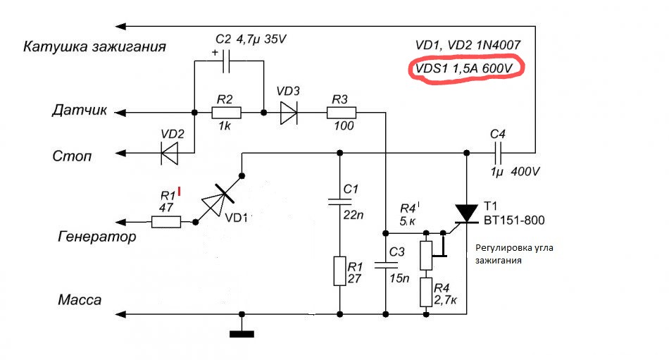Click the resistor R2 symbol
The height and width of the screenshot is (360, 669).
226,113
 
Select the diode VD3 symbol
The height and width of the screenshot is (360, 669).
289,113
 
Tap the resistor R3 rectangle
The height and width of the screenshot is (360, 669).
342,113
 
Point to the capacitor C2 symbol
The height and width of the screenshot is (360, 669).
226,61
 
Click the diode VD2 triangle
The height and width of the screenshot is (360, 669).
170,152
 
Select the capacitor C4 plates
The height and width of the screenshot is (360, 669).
497,152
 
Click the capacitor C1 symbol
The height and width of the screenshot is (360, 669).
339,201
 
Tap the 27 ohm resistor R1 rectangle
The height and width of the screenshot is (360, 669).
339,271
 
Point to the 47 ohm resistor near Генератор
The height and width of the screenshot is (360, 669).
166,222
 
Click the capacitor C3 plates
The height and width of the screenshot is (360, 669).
386,265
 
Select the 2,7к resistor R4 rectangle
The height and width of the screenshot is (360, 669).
426,292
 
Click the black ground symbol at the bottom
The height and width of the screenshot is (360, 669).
242,334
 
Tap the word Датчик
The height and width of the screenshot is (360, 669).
80,110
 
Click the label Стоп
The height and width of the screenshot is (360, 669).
72,156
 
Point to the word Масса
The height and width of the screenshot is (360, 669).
80,299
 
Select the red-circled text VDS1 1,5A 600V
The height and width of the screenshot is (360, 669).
464,68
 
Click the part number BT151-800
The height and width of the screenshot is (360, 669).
514,221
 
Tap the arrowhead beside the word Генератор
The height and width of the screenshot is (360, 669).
120,222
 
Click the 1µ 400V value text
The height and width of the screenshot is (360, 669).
515,172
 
